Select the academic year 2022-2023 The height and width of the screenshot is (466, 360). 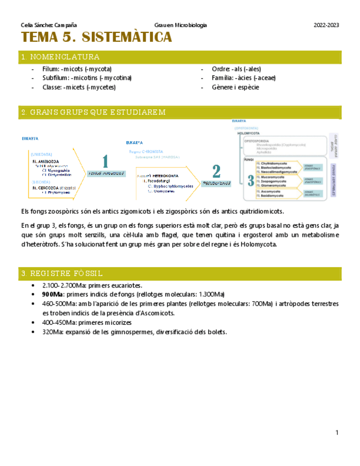[x=326, y=25]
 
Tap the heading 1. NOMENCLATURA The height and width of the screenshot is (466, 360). [x=60, y=57]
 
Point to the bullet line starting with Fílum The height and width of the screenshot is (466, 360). [x=76, y=69]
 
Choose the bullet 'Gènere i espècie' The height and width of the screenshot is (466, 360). [x=235, y=87]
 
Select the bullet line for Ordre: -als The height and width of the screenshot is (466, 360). [x=237, y=69]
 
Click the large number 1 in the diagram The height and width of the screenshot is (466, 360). [x=105, y=162]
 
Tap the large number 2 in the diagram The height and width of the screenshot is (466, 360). [x=217, y=171]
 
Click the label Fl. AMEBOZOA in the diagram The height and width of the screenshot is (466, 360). [x=46, y=162]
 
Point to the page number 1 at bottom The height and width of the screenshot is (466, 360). [x=336, y=434]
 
